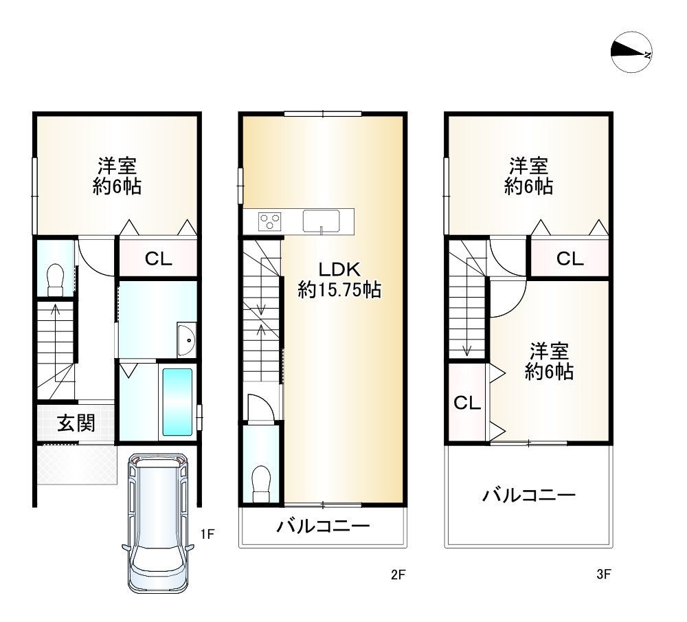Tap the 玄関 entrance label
point(76,423)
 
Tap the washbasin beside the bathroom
point(186,339)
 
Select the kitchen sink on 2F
point(321,221)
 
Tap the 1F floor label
point(208,533)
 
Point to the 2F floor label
point(399,575)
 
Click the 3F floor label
point(604,575)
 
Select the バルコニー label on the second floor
point(323,527)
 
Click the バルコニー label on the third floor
point(528,495)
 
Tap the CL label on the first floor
point(158,259)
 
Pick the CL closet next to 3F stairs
point(467,403)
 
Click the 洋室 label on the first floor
point(117,175)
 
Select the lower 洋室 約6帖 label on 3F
point(549,362)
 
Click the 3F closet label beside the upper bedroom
point(570,259)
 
